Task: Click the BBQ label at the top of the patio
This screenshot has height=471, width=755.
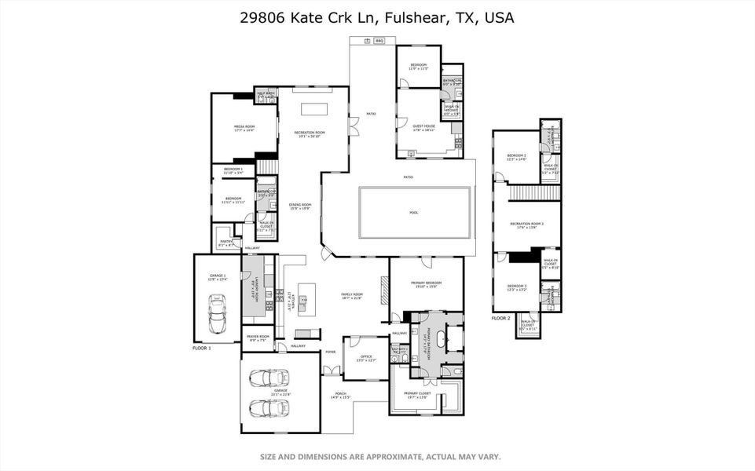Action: [379, 40]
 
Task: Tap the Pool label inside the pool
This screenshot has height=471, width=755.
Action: [414, 212]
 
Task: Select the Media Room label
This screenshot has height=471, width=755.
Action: [244, 127]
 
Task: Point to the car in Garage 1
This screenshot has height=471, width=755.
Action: [217, 315]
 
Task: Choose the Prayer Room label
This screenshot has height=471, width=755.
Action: [258, 337]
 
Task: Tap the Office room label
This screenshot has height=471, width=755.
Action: [366, 358]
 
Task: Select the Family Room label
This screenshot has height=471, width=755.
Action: [351, 295]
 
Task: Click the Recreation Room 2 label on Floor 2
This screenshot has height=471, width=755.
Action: [526, 225]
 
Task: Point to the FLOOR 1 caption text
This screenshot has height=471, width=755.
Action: [202, 347]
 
